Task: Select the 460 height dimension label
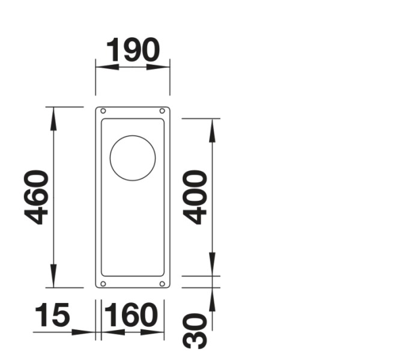37,197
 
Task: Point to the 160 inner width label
131,315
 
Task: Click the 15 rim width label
52,315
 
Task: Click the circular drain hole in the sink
133,158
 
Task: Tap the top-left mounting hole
103,111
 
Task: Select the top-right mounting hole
162,111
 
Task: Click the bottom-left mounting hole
103,283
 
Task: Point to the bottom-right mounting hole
162,283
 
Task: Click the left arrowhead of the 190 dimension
104,66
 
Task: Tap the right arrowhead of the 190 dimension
162,66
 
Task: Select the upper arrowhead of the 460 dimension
54,117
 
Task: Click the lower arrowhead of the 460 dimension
54,278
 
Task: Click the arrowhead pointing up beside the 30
213,297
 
